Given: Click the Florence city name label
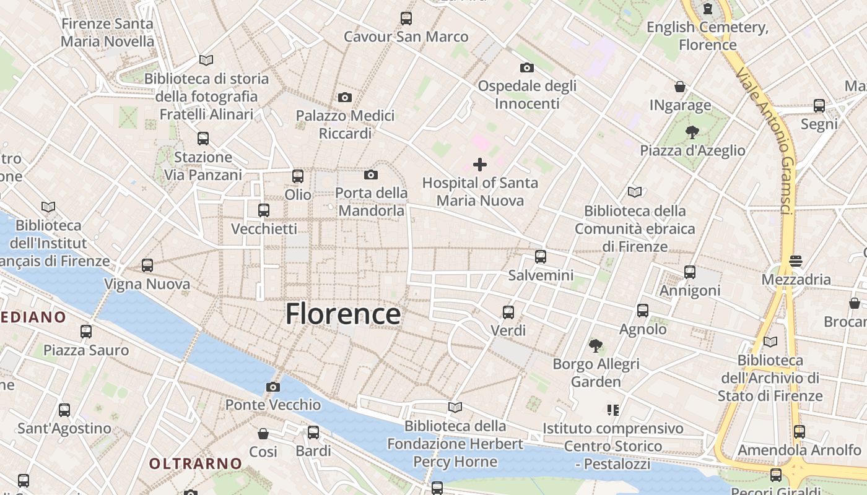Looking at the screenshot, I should point(342,314).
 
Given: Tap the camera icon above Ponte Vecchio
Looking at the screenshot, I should point(272,387).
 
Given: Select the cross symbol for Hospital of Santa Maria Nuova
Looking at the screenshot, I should point(479,165).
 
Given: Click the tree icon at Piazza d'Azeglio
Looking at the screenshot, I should point(692,132).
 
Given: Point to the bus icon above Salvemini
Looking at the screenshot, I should point(541,256).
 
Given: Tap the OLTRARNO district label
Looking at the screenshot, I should point(196,463).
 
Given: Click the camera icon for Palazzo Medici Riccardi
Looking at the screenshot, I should point(345,97).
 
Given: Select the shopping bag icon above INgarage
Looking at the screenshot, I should point(680,87).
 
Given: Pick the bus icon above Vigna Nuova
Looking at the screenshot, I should point(147,265).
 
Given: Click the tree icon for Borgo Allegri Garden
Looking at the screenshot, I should point(596,345).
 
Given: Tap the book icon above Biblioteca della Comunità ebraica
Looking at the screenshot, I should point(635,192).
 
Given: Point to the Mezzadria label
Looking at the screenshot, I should point(796,279).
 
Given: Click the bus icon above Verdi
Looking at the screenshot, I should point(508,312).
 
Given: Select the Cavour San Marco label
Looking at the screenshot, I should point(406,37).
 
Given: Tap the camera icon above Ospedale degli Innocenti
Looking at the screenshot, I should point(527,67).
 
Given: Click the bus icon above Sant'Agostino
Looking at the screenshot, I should point(64,410).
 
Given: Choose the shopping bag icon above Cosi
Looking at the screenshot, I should point(263,433).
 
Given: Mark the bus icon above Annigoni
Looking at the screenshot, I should point(690,272).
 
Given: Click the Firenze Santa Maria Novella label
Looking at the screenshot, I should point(108,33).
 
